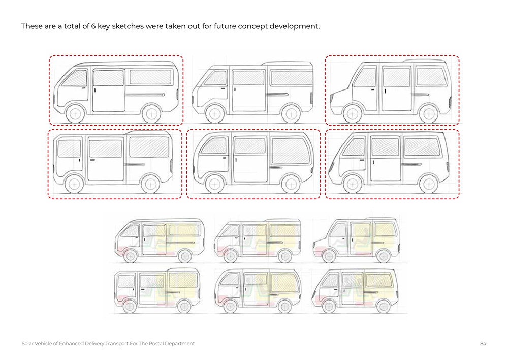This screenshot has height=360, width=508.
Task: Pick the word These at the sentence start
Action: (x=31, y=26)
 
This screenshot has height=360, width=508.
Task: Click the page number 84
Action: (x=483, y=344)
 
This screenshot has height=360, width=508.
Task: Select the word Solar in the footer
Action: (x=27, y=344)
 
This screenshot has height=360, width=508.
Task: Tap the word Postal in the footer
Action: (x=155, y=344)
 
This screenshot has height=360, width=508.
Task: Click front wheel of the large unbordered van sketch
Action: (x=214, y=113)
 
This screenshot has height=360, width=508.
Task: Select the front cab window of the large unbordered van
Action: (x=216, y=78)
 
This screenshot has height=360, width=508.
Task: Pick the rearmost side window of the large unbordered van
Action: (x=292, y=78)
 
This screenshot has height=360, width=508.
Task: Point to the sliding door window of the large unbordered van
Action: (x=248, y=78)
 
